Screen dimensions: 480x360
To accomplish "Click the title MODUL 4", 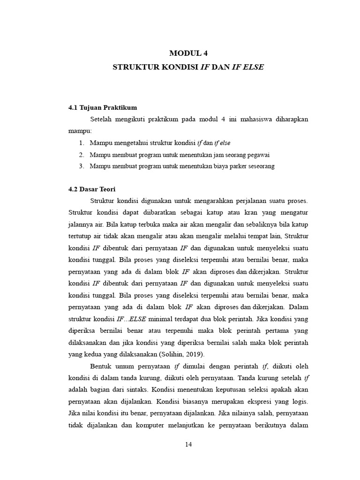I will (188, 53).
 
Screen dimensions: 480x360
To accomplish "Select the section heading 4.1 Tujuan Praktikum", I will (102, 107).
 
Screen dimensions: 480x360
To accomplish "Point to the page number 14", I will (188, 444).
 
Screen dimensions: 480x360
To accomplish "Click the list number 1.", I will (81, 142).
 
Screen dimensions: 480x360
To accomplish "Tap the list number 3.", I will (81, 166).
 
